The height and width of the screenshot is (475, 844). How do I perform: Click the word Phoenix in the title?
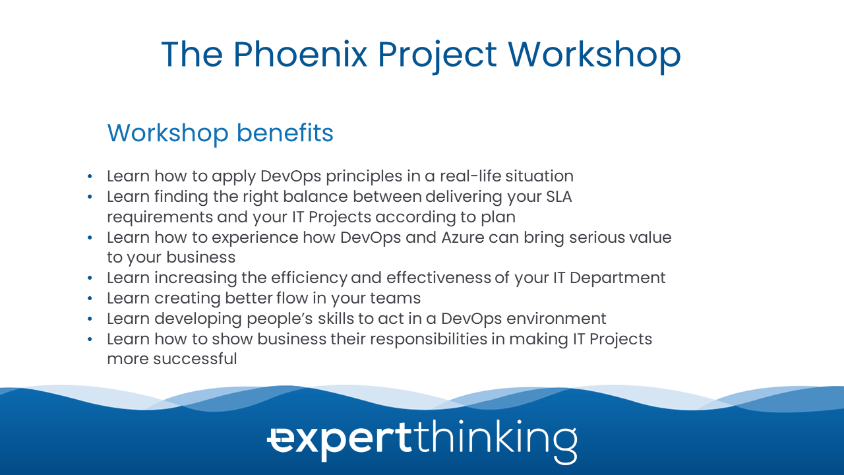click(300, 55)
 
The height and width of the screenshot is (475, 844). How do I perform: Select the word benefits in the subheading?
click(285, 133)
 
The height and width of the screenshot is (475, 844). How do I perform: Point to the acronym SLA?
click(559, 197)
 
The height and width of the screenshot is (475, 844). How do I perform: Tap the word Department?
click(618, 278)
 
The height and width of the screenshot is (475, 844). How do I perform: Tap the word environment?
click(556, 319)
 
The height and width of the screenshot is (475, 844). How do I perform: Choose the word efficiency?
click(309, 278)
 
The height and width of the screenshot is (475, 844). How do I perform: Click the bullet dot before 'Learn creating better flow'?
click(90, 299)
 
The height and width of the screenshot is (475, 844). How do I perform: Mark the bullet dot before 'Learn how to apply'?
click(90, 176)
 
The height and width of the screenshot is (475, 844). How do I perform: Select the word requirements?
click(160, 218)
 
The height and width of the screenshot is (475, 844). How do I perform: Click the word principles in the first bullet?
click(364, 177)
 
